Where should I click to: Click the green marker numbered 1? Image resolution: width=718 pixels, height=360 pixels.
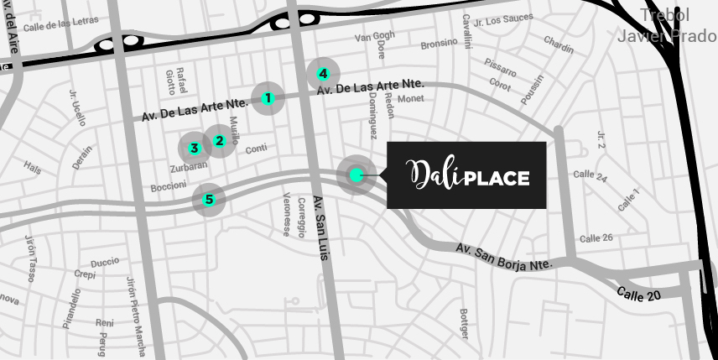268,98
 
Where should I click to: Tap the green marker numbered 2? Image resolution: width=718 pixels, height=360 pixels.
220,141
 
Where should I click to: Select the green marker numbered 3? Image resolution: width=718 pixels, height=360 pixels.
195,149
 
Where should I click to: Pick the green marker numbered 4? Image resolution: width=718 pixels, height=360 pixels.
323,74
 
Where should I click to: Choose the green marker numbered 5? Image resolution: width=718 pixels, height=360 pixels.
209,200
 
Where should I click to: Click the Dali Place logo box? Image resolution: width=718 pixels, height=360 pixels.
466,175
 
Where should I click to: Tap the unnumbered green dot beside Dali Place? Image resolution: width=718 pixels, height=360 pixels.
356,175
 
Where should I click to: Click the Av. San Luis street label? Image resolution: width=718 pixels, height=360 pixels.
320,227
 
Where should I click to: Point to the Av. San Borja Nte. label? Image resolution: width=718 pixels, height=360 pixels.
504,257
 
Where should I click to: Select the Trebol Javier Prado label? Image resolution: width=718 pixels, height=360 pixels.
666,25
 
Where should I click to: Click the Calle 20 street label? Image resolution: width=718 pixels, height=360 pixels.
638,295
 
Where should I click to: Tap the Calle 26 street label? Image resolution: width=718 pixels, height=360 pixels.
596,238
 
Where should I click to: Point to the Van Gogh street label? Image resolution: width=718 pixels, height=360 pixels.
374,37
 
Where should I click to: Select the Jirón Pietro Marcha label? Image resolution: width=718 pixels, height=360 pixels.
134,316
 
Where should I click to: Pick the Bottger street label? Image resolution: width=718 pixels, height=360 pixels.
464,325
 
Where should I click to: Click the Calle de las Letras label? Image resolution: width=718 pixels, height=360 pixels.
60,25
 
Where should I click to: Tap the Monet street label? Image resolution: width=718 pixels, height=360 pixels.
411,99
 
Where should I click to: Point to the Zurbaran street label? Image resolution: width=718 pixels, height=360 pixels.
188,166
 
